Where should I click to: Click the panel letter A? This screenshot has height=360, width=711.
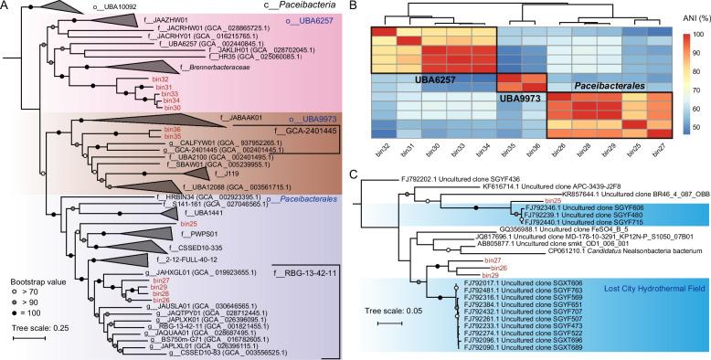[x=7, y=7]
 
